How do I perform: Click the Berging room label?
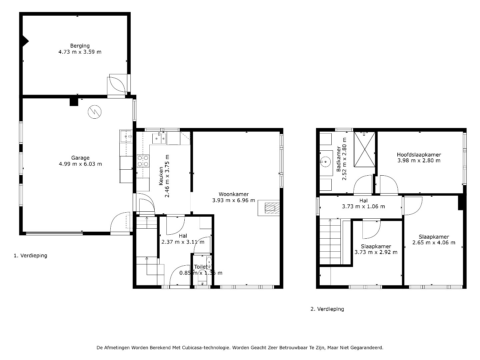tap(80, 46)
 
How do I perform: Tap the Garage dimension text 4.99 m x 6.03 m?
tap(80, 164)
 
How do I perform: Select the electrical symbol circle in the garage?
tap(95, 112)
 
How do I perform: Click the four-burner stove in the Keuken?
tap(143, 161)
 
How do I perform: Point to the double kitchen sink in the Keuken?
tap(159, 138)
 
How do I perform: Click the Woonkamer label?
tap(234, 194)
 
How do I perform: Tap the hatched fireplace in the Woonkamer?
tap(272, 208)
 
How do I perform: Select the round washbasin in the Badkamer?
tap(326, 162)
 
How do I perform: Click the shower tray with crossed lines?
tap(364, 149)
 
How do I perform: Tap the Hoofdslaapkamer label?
tap(419, 155)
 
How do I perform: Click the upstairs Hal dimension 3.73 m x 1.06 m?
tap(363, 207)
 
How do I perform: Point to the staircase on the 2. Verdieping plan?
tap(330, 242)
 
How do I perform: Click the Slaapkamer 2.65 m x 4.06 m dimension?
tap(434, 243)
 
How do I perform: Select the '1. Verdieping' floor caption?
tap(30, 256)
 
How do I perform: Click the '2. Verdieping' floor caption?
tap(327, 309)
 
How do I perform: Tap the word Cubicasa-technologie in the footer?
tap(206, 348)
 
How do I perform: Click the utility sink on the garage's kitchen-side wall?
tap(126, 136)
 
